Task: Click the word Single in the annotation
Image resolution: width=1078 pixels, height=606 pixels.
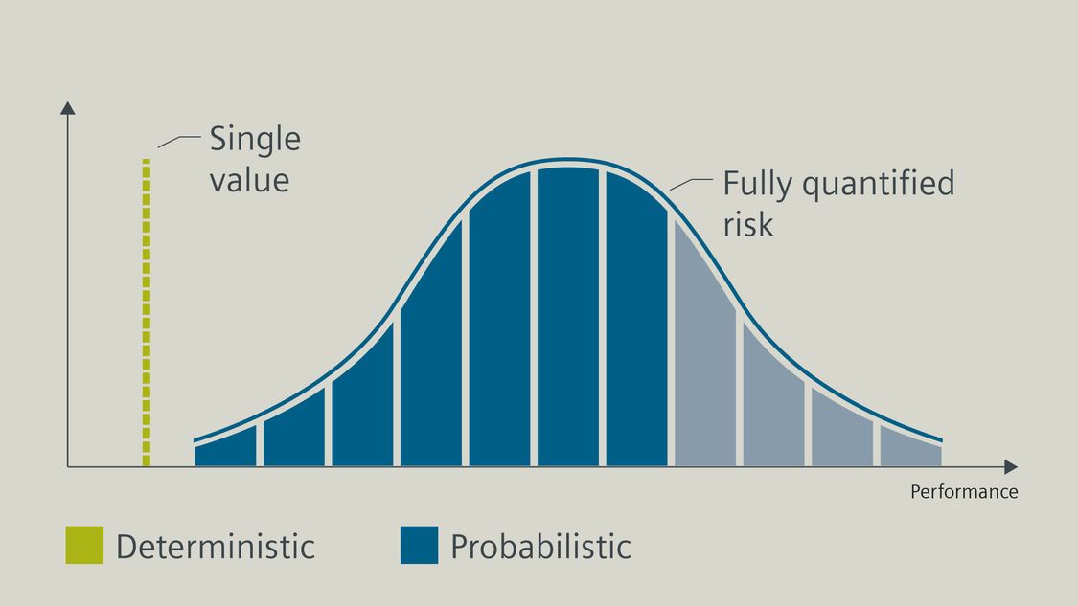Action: point(255,141)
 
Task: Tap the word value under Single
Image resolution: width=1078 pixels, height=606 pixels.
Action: point(249,181)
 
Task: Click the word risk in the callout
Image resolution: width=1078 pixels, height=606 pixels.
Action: point(748,224)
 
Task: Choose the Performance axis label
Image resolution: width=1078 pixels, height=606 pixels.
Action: point(964,492)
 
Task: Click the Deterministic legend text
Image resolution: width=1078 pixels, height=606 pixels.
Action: point(216,547)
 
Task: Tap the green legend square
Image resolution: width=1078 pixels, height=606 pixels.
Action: point(84,545)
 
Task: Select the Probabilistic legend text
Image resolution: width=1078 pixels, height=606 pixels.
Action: point(541,547)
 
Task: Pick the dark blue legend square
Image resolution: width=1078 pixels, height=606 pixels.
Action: point(420,545)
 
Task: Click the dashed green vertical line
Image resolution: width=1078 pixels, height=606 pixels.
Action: point(147,313)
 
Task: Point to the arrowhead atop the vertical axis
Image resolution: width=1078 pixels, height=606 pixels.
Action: point(67,108)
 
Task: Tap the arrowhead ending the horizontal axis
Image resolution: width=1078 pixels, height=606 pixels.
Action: point(1011,467)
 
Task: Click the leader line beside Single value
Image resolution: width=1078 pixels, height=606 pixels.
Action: point(179,142)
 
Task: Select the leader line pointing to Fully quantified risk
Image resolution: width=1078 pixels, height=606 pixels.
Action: point(691,184)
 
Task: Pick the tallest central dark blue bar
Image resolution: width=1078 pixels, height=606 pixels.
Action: point(568,317)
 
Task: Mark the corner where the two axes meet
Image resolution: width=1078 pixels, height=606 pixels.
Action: point(67,467)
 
